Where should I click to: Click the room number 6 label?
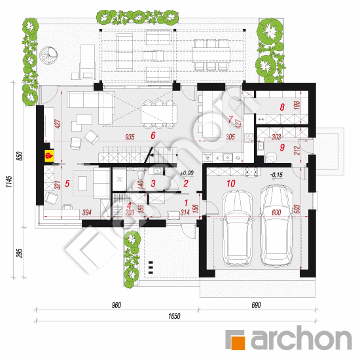point(153,136)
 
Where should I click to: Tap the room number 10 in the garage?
point(230,184)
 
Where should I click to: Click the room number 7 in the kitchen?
point(230,119)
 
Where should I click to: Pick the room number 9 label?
point(281,148)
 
